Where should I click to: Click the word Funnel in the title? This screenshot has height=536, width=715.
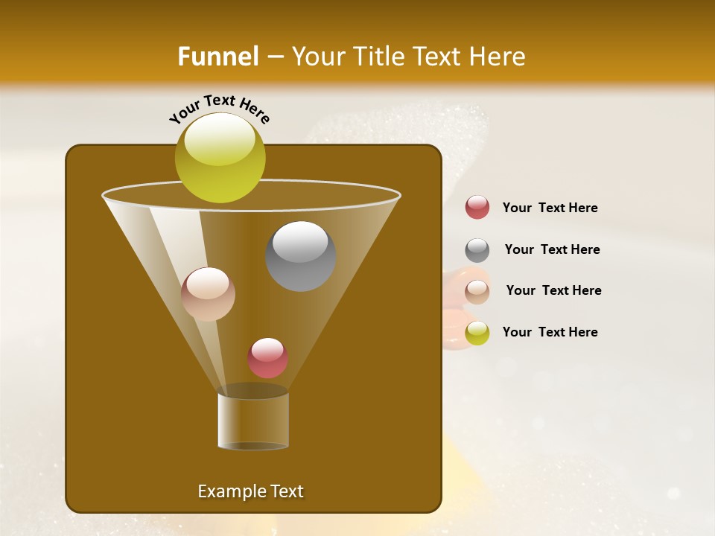(x=217, y=57)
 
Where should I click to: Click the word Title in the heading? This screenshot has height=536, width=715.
(x=374, y=57)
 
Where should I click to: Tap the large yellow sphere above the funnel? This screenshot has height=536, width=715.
(x=220, y=158)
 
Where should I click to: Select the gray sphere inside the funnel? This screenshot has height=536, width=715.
(x=301, y=256)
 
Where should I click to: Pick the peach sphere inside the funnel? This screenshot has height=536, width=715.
(x=208, y=294)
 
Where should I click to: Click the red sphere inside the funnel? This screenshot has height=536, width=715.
(x=267, y=358)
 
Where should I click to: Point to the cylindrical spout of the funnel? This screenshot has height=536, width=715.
(x=253, y=421)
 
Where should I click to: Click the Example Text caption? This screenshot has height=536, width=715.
(x=250, y=491)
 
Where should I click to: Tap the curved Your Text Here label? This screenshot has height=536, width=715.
(x=220, y=109)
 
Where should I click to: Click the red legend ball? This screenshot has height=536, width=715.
(x=477, y=208)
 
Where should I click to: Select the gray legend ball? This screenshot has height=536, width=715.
(x=477, y=250)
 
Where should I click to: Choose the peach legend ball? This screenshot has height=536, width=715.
(x=477, y=292)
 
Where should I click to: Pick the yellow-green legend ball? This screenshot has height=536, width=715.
(x=477, y=334)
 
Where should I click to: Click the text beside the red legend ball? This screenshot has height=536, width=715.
(x=550, y=208)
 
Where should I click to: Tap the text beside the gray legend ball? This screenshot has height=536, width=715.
(x=552, y=250)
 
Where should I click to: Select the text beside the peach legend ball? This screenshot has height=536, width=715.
(x=553, y=291)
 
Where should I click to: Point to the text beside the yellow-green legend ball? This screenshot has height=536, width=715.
(x=550, y=333)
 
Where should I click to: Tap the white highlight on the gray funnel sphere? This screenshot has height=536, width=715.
(x=300, y=242)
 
